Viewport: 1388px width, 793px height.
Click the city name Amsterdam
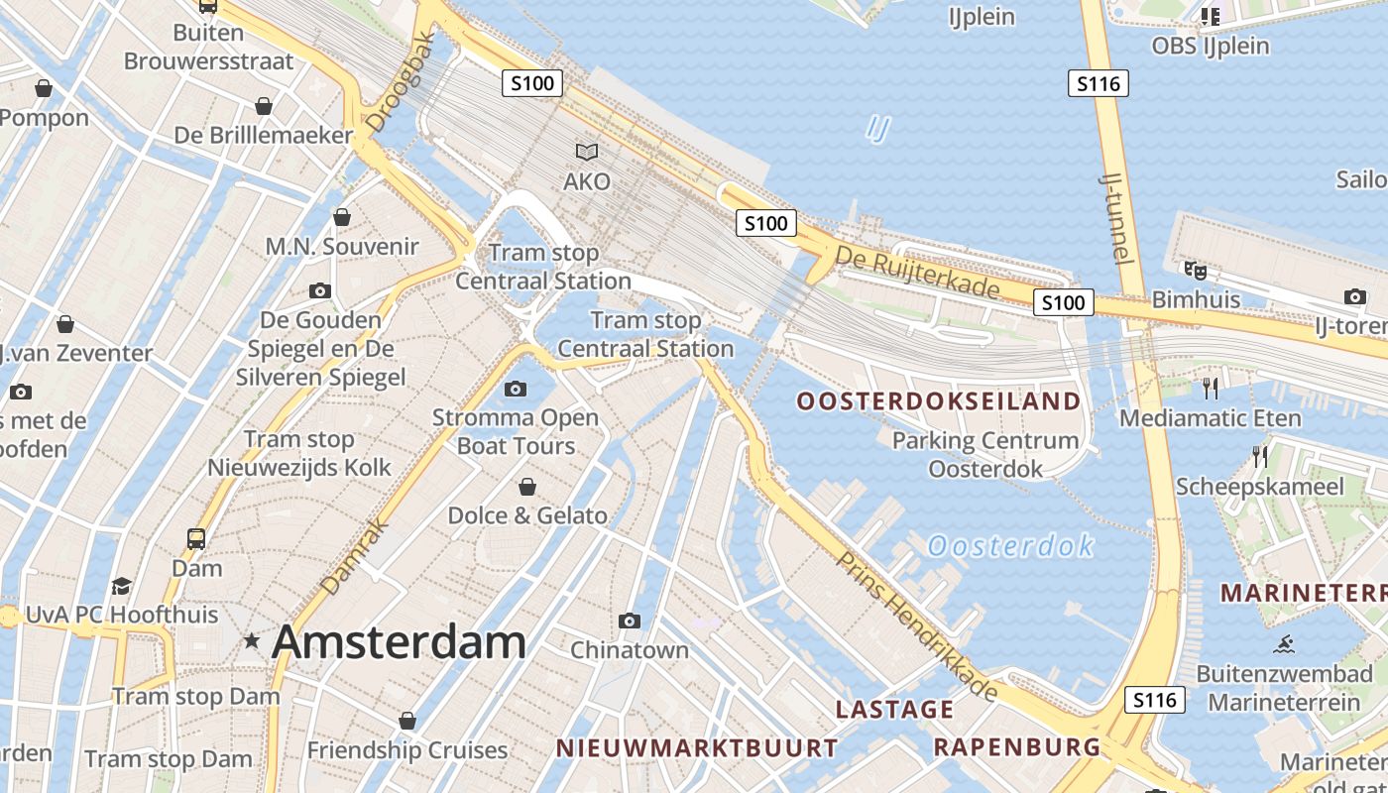pos(399,642)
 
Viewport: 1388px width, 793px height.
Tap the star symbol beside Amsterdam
pos(253,642)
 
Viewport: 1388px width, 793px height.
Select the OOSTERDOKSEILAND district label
pos(938,401)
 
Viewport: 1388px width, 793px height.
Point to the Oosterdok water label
pos(1011,545)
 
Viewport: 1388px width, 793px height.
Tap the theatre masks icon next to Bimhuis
pos(1196,269)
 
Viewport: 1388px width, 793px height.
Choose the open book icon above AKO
pos(587,152)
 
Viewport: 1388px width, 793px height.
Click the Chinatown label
pos(629,650)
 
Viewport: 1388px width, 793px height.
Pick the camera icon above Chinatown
pos(629,622)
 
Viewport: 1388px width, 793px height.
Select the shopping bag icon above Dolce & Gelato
pos(527,487)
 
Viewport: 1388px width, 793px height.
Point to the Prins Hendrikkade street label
pos(916,625)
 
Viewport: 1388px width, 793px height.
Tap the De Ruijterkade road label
pos(917,271)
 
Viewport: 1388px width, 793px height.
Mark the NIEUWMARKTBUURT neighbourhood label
pos(697,747)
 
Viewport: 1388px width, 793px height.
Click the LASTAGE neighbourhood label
pos(894,710)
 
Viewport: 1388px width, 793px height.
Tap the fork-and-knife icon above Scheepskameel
pos(1260,457)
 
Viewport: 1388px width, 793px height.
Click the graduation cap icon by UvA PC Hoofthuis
pos(122,586)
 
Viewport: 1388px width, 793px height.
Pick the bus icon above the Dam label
pos(196,538)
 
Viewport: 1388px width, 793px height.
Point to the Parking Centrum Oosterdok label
pos(985,454)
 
